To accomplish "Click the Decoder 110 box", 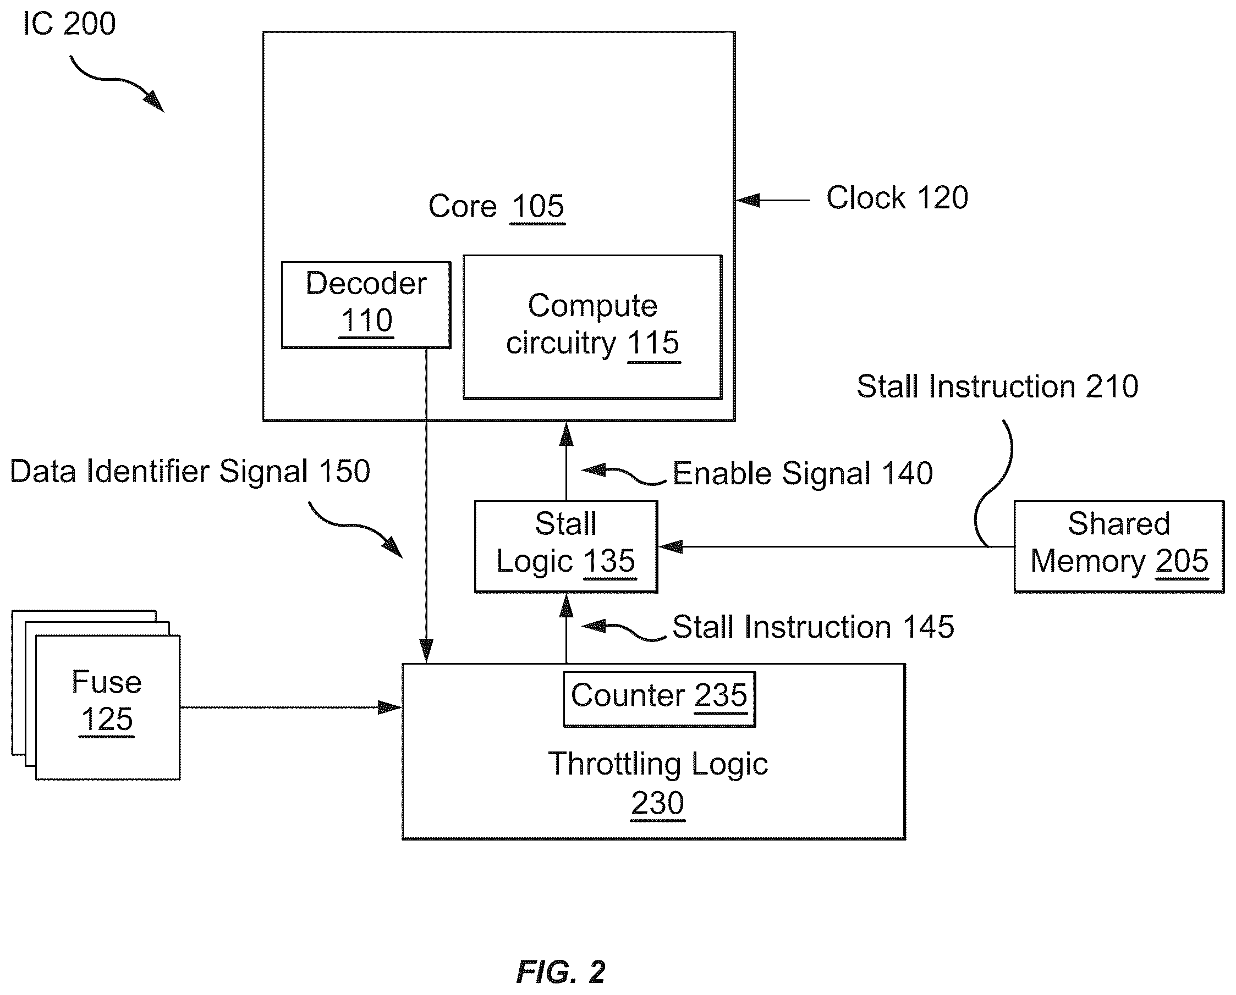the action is coord(366,305).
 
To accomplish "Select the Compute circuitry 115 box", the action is coord(592,327).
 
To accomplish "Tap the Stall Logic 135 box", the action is coord(566,547).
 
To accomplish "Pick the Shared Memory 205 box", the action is coord(1119,547).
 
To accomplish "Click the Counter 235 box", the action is coord(660,699).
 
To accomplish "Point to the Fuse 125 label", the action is coord(107,700).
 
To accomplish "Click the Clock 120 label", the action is coord(897,198).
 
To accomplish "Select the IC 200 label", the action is coord(69,24).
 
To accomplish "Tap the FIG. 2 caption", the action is coord(561,972).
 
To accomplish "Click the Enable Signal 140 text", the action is coord(803,473).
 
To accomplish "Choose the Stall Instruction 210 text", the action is coord(997,386).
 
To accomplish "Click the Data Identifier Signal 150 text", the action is coord(190,472).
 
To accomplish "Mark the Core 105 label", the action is coord(497,206).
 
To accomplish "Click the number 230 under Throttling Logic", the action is coord(658,803).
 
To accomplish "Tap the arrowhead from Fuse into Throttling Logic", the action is coord(390,707).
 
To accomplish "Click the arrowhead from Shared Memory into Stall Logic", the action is coord(671,547).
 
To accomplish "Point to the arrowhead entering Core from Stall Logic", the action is coord(566,434).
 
